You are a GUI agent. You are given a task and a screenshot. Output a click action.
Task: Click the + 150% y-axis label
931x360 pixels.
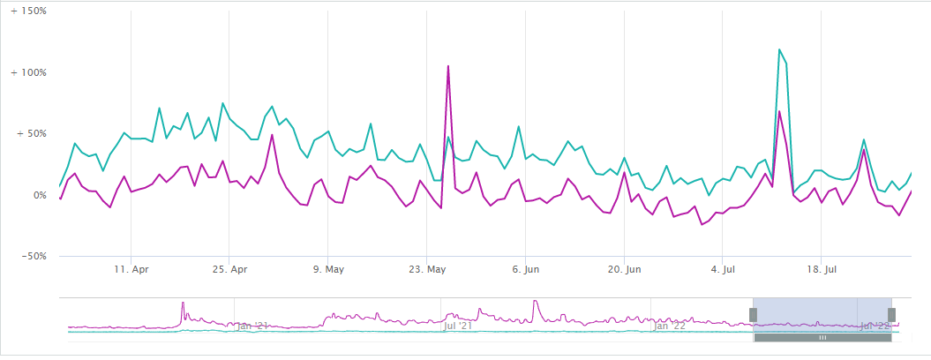coord(28,12)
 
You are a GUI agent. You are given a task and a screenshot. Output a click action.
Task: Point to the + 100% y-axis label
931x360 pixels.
coord(28,73)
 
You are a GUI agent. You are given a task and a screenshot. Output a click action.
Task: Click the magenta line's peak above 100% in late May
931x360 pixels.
coord(448,66)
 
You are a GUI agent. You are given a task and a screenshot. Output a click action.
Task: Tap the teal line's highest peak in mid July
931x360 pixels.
coord(779,49)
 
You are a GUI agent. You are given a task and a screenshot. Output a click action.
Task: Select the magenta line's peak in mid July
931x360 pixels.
coord(779,111)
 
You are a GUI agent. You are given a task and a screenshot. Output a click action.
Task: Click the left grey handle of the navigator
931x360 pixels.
coord(754,315)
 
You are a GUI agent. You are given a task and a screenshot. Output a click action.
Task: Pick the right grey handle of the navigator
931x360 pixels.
coord(891,315)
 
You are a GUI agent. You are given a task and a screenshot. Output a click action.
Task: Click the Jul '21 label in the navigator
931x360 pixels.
coord(457,326)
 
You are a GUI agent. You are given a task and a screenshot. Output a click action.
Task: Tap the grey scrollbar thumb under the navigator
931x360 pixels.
coord(822,337)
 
